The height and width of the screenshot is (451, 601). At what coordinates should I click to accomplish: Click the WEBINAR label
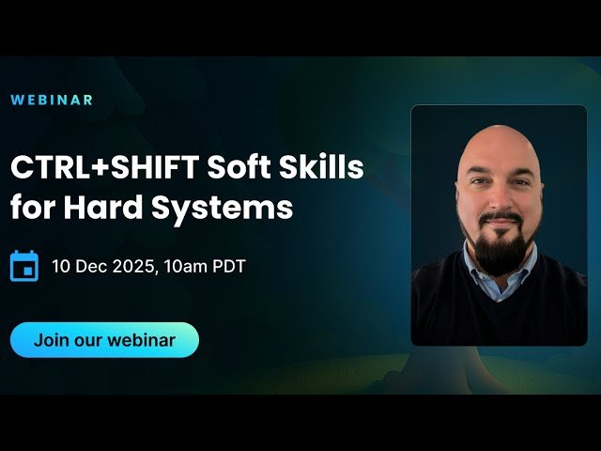(52, 100)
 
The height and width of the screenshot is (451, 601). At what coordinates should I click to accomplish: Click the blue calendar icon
(23, 266)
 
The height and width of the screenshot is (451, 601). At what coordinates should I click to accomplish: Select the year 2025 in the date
(133, 266)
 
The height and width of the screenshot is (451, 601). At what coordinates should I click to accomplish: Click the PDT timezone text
(228, 266)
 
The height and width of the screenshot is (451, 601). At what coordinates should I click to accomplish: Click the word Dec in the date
(90, 266)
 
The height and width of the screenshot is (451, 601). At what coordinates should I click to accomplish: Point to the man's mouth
(501, 225)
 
